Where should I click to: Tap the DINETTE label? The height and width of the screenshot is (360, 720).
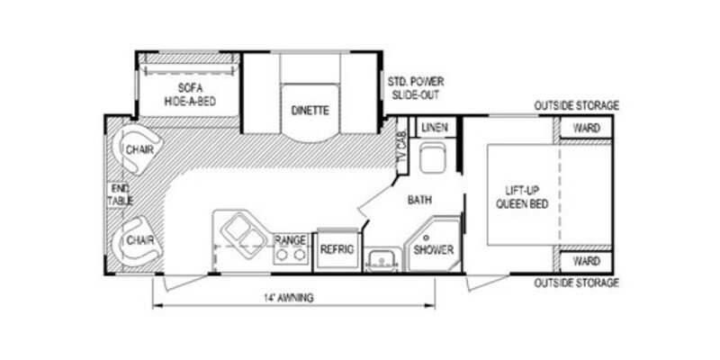(310, 111)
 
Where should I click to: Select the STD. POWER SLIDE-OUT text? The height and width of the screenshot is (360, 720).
(416, 87)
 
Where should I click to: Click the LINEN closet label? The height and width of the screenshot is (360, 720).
(435, 127)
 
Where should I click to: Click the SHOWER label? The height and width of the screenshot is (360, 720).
(433, 249)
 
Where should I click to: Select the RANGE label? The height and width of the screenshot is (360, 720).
(291, 240)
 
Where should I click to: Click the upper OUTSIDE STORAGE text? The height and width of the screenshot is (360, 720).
(576, 105)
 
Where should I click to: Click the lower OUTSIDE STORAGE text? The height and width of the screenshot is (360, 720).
(576, 283)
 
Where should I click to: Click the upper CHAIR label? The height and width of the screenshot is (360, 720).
(138, 149)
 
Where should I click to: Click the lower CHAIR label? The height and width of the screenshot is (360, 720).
(138, 240)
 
